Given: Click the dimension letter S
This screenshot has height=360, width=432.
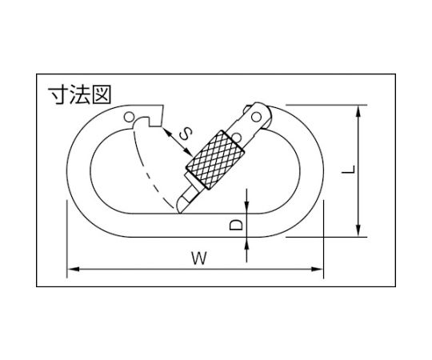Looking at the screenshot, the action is pyautogui.click(x=185, y=134).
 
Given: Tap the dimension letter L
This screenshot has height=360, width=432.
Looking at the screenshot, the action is pyautogui.click(x=348, y=170).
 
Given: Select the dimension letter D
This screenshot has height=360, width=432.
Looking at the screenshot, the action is pyautogui.click(x=236, y=225).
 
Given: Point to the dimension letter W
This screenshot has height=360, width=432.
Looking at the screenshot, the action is pyautogui.click(x=199, y=258).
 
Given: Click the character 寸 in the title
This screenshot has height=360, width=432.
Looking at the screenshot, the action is pyautogui.click(x=58, y=94).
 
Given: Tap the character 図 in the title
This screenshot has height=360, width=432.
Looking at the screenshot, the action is pyautogui.click(x=102, y=94).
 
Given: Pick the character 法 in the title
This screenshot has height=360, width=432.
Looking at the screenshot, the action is pyautogui.click(x=80, y=94).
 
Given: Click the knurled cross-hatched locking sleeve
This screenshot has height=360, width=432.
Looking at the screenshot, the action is pyautogui.click(x=215, y=160).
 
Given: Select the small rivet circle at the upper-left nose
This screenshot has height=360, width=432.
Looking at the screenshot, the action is pyautogui.click(x=129, y=117).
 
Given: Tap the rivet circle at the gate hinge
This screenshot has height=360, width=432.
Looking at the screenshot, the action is pyautogui.click(x=257, y=117).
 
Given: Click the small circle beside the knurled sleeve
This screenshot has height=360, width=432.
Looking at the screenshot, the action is pyautogui.click(x=236, y=137).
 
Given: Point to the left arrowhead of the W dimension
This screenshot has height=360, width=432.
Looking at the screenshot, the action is pyautogui.click(x=73, y=269).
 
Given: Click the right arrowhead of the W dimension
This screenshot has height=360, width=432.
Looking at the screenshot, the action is pyautogui.click(x=317, y=269).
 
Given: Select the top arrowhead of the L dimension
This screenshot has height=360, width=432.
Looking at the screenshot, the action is pyautogui.click(x=358, y=111).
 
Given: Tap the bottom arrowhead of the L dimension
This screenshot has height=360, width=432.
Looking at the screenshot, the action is pyautogui.click(x=358, y=230).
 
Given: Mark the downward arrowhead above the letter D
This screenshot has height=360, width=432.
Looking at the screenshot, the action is pyautogui.click(x=246, y=207).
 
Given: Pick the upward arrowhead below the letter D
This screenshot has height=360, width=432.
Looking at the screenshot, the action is pyautogui.click(x=246, y=243).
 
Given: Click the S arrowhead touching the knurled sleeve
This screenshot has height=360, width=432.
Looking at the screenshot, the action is pyautogui.click(x=188, y=152).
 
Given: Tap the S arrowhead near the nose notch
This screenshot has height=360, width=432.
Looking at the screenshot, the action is pyautogui.click(x=167, y=133).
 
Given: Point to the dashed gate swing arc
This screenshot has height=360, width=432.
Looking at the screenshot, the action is pyautogui.click(x=146, y=170).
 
